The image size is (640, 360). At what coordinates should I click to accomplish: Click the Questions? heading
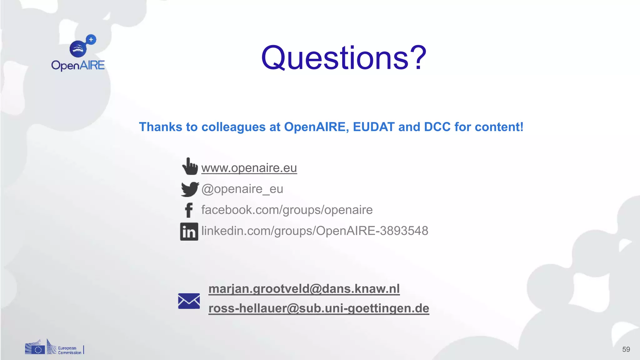pyautogui.click(x=344, y=58)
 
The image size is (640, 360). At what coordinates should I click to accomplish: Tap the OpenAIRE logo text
pyautogui.click(x=78, y=65)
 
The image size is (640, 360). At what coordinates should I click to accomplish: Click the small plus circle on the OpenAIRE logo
pyautogui.click(x=91, y=40)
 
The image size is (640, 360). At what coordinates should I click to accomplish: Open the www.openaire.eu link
pyautogui.click(x=249, y=168)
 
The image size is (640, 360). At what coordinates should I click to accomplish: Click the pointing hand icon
pyautogui.click(x=190, y=166)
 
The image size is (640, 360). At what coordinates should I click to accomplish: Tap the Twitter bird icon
pyautogui.click(x=189, y=189)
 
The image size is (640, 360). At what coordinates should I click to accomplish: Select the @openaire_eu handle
pyautogui.click(x=242, y=189)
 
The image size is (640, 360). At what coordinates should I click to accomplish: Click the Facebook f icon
pyautogui.click(x=189, y=210)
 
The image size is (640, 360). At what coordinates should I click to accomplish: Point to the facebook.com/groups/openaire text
pyautogui.click(x=287, y=210)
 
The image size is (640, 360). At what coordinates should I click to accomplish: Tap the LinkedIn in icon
pyautogui.click(x=189, y=232)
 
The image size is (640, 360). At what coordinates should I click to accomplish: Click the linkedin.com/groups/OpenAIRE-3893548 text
pyautogui.click(x=315, y=231)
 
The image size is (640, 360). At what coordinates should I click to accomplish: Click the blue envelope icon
pyautogui.click(x=189, y=301)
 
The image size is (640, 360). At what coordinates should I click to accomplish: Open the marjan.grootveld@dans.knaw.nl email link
pyautogui.click(x=304, y=289)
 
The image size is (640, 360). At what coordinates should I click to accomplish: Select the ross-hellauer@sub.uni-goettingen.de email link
pyautogui.click(x=319, y=308)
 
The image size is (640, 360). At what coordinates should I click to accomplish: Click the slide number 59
pyautogui.click(x=626, y=349)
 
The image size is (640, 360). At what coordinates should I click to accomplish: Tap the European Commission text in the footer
pyautogui.click(x=69, y=350)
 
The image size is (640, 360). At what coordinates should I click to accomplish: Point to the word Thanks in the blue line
pyautogui.click(x=160, y=127)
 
